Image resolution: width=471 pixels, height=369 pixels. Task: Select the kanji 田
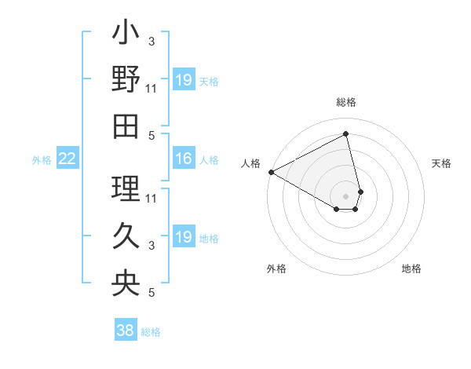click(x=126, y=125)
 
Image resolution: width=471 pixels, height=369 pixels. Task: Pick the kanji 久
click(x=126, y=236)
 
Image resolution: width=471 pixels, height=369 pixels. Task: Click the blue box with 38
click(x=126, y=331)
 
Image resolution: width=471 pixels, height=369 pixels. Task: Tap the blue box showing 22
click(x=67, y=159)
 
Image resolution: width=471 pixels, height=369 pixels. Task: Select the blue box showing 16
click(x=183, y=159)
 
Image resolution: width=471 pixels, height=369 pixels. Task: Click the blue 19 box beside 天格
click(x=183, y=80)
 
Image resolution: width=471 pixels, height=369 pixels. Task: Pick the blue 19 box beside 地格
click(x=183, y=237)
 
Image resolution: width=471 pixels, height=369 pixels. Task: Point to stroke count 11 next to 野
click(x=152, y=88)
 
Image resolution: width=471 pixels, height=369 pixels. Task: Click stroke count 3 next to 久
click(x=152, y=246)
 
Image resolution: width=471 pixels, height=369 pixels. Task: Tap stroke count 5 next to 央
click(x=152, y=293)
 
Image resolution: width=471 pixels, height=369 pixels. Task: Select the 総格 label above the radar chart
click(x=346, y=102)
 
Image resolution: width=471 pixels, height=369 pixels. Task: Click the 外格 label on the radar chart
click(x=276, y=269)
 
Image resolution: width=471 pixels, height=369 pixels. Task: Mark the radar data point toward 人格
click(x=271, y=172)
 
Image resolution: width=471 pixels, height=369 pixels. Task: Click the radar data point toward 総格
click(x=346, y=133)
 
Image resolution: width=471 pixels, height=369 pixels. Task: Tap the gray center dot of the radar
click(x=346, y=195)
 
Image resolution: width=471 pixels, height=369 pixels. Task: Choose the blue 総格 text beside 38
click(x=151, y=332)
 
